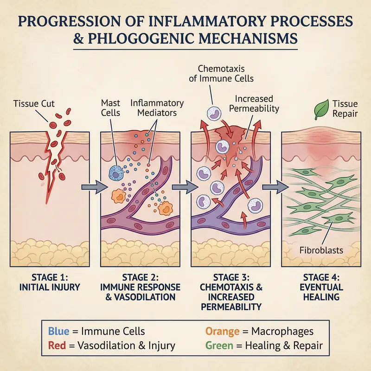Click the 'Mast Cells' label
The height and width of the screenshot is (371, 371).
[x=110, y=108]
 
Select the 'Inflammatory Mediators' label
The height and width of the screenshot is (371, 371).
[x=156, y=108]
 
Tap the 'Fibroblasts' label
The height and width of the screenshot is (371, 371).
[x=320, y=250]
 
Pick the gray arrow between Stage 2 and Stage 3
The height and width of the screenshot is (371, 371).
[x=182, y=187]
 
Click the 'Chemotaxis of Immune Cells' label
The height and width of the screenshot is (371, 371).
[x=221, y=73]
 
